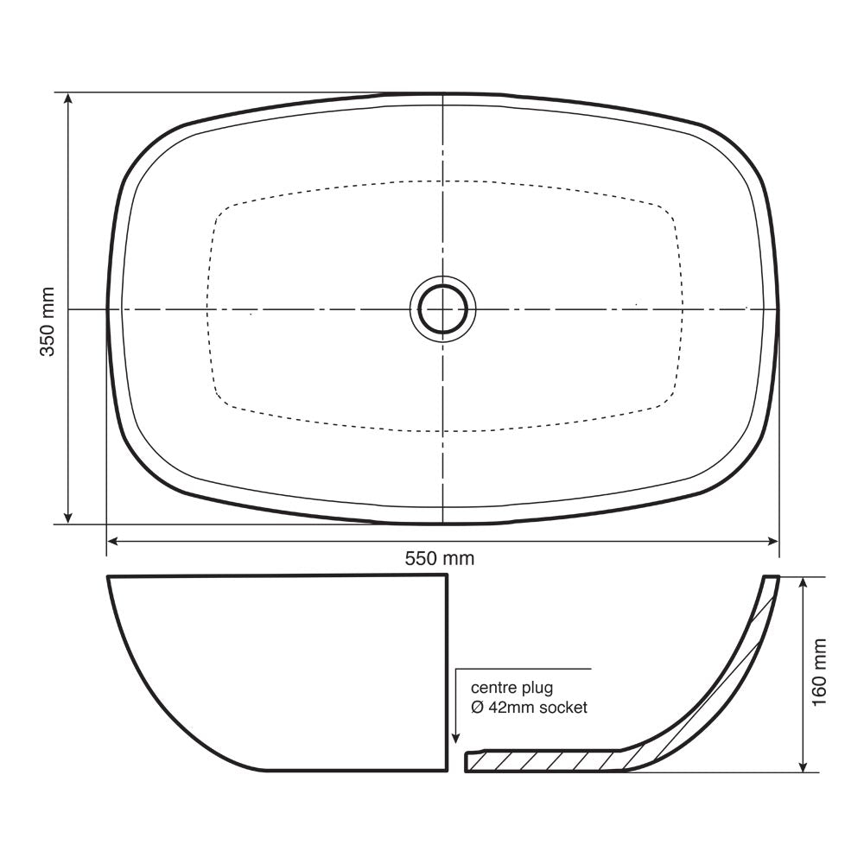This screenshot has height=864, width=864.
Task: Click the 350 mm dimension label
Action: pos(48,321)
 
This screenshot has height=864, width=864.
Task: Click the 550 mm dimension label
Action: pos(440,559)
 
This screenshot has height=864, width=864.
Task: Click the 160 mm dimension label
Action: pos(819,672)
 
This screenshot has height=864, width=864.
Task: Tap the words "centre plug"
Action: pos(511,688)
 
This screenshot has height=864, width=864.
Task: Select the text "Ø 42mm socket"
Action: pos(529,708)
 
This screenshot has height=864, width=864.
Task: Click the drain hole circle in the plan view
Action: pos(443,309)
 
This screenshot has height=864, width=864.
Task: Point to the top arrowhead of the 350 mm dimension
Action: pos(67,99)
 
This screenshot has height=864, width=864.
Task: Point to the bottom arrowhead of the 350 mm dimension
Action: pos(67,517)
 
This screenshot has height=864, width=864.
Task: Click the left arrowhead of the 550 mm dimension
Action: pos(114,541)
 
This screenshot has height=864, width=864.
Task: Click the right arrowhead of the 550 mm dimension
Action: pos(772,541)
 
